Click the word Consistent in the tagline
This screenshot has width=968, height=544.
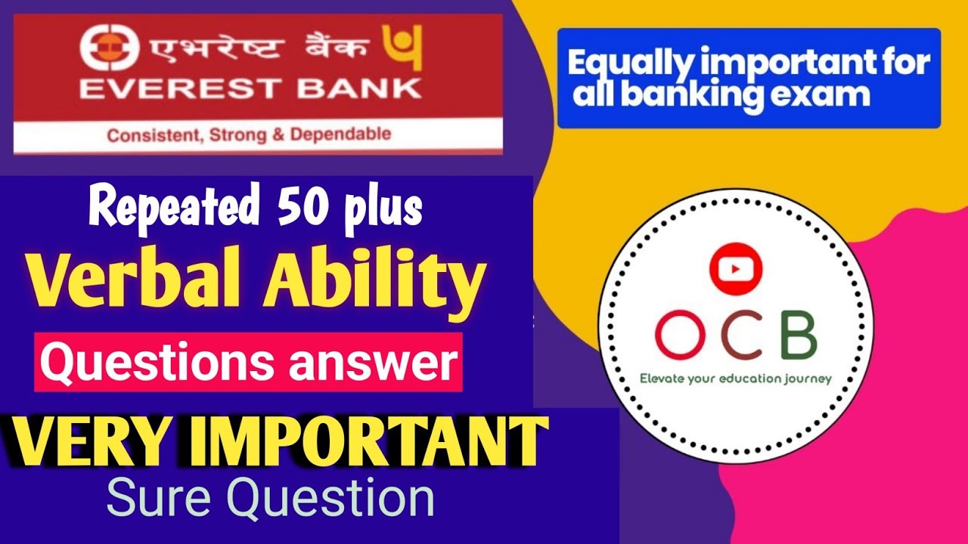(143, 137)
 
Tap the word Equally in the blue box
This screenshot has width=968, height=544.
(628, 63)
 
